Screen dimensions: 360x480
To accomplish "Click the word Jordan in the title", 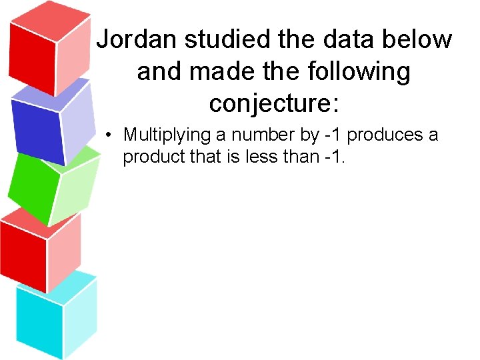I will point(137,40).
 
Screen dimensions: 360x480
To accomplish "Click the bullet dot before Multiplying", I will point(109,135).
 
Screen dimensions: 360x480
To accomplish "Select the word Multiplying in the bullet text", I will point(167,135).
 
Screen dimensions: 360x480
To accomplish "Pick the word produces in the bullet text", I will point(385,135).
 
